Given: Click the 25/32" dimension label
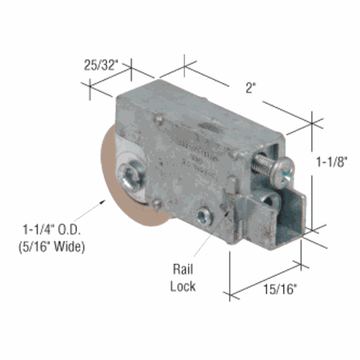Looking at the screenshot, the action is pyautogui.click(x=101, y=65).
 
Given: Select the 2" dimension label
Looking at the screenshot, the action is pyautogui.click(x=250, y=88).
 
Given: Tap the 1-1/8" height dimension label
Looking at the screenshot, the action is pyautogui.click(x=332, y=162).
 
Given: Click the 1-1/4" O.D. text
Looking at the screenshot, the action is pyautogui.click(x=52, y=230).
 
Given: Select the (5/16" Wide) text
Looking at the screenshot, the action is pyautogui.click(x=52, y=247).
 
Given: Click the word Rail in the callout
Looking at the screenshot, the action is pyautogui.click(x=183, y=269).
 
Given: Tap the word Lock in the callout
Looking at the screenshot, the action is pyautogui.click(x=183, y=287).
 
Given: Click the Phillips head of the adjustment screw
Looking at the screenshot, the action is pyautogui.click(x=282, y=172).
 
